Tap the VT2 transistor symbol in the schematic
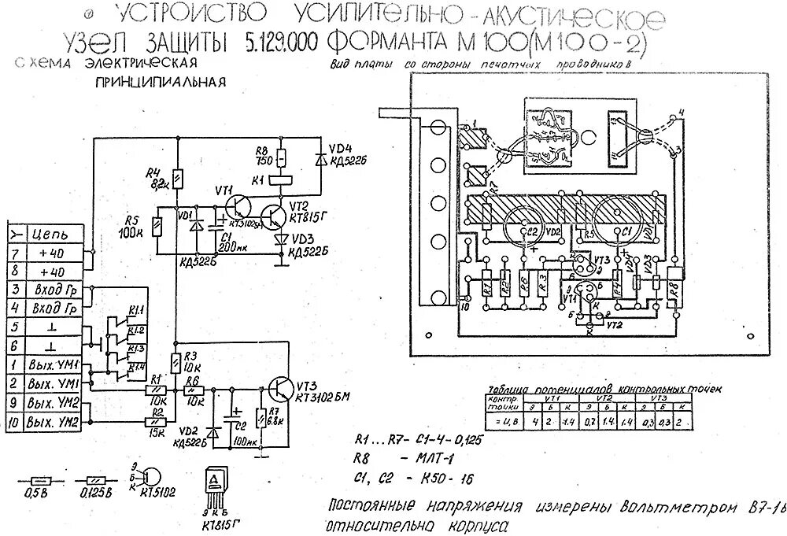click(275, 215)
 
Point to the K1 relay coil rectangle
click(281, 178)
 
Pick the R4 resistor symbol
click(176, 180)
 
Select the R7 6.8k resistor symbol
click(260, 419)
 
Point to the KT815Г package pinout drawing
click(214, 487)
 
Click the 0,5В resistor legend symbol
click(38, 479)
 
